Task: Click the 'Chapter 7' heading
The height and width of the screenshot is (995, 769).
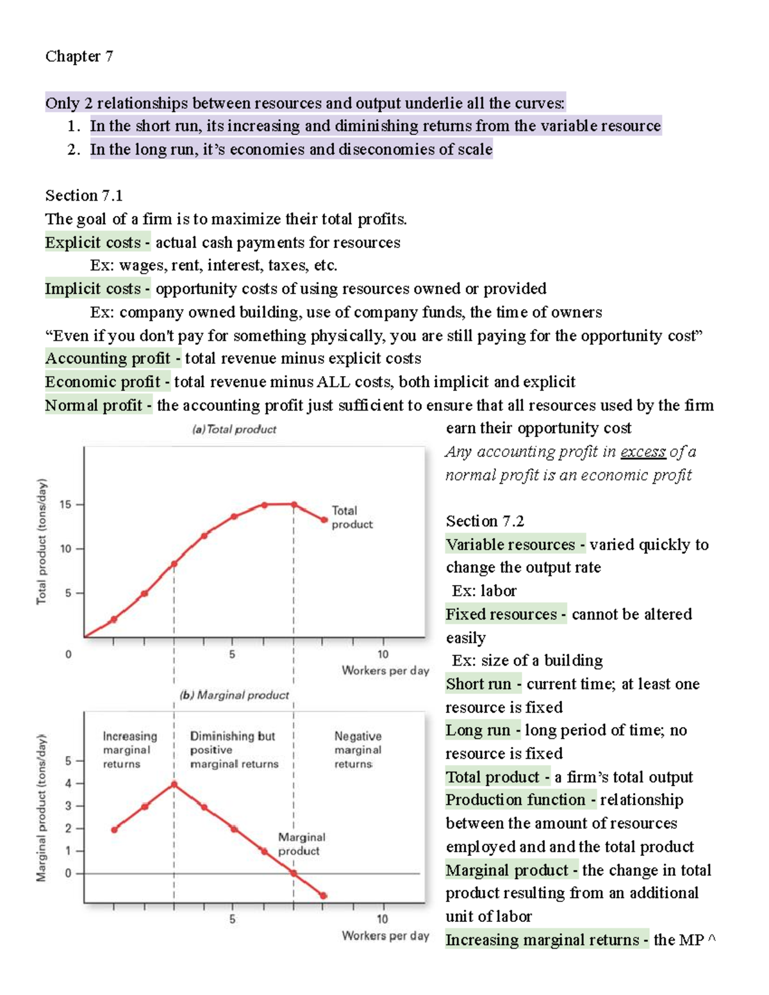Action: tap(79, 56)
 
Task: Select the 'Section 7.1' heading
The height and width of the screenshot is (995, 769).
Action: tap(83, 195)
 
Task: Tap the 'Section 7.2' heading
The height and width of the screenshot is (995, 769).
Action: tap(484, 521)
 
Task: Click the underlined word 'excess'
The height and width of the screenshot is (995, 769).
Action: tap(643, 452)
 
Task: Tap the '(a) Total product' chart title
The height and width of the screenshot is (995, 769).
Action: tap(234, 429)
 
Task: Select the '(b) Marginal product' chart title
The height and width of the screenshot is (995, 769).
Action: tap(234, 695)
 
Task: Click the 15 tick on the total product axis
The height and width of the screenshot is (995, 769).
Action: tap(65, 504)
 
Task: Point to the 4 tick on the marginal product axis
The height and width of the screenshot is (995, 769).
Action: tap(69, 784)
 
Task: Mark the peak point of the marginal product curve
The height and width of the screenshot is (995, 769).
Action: tap(174, 784)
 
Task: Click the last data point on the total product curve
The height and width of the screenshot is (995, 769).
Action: tap(324, 520)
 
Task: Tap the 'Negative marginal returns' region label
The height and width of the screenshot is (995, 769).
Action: tap(358, 750)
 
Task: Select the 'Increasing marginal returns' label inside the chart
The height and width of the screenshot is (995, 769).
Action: tap(129, 750)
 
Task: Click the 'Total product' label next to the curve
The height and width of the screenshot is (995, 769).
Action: tap(352, 517)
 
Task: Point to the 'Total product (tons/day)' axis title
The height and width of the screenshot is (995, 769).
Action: tap(42, 541)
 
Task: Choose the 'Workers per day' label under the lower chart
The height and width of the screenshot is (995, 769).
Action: tap(385, 935)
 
